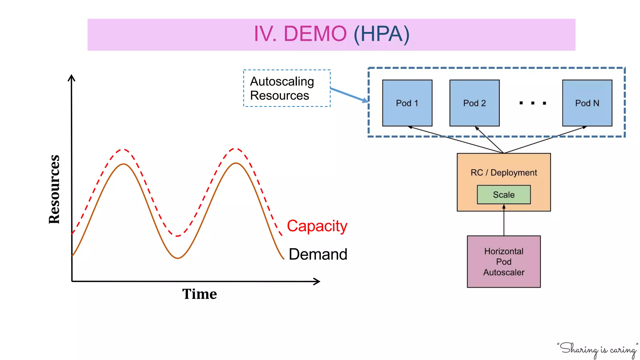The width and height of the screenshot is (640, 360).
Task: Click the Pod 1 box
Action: [x=407, y=103]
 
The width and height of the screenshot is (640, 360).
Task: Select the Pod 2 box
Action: [x=474, y=103]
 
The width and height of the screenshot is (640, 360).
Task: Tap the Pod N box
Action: [x=587, y=103]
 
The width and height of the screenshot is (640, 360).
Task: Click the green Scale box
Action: [x=504, y=195]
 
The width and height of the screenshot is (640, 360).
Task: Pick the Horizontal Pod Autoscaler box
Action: [x=504, y=262]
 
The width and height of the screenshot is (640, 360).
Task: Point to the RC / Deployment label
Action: [x=504, y=172]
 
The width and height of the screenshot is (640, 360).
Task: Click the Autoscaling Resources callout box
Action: [x=287, y=88]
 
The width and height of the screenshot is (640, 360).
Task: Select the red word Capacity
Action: [x=317, y=226]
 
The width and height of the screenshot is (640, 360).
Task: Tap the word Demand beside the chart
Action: [x=318, y=254]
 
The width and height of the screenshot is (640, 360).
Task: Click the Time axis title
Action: [x=199, y=294]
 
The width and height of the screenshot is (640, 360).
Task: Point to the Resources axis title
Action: [x=54, y=189]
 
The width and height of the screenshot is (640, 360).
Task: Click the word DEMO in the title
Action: [x=315, y=34]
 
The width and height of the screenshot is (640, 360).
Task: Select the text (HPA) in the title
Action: [x=381, y=34]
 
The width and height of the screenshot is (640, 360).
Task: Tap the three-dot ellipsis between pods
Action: [x=532, y=103]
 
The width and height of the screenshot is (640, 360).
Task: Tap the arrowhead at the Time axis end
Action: [x=317, y=281]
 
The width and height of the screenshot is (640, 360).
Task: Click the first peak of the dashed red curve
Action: [x=124, y=150]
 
